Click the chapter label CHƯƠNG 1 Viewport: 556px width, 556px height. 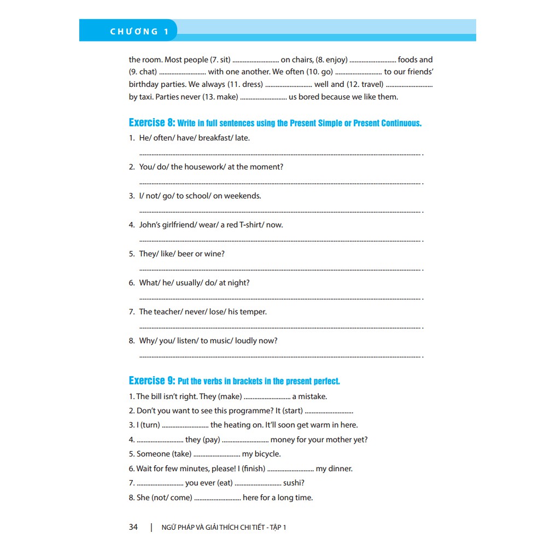tap(139, 32)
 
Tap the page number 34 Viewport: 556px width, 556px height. tap(133, 527)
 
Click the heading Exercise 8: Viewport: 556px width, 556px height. tap(152, 122)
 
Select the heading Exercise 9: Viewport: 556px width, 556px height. tap(152, 381)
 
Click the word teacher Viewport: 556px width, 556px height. tap(167, 312)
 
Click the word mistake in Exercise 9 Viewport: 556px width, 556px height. tap(313, 396)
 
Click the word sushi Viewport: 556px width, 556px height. tap(294, 483)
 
